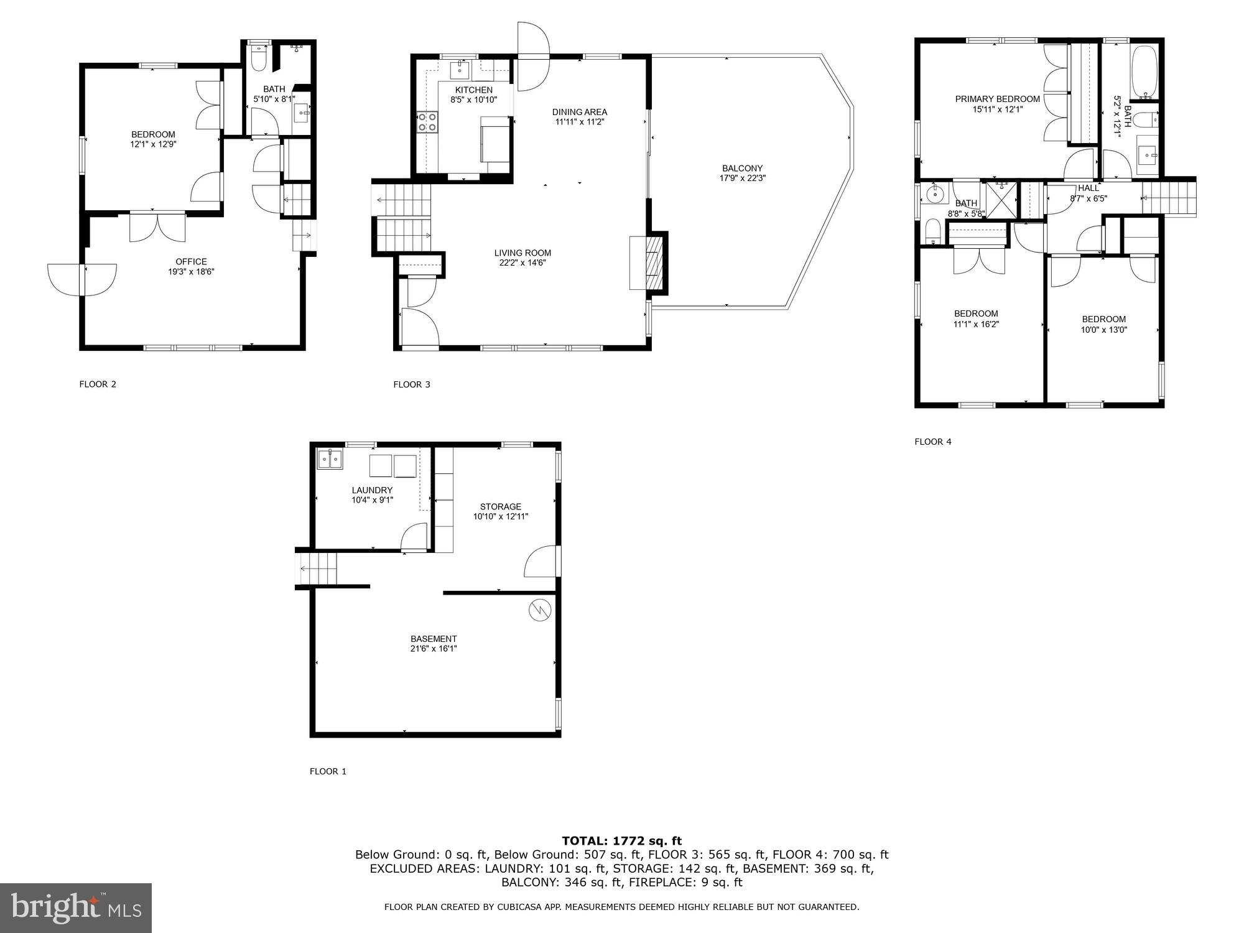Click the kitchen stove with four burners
click(427, 122)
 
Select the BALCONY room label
click(742, 169)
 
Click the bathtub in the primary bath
click(1144, 72)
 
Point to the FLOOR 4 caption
click(932, 442)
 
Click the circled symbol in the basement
click(539, 610)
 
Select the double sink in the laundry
click(330, 460)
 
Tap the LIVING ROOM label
click(522, 253)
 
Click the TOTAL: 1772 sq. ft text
click(621, 841)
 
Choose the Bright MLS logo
click(76, 908)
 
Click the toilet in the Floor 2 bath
click(258, 58)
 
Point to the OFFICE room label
click(191, 262)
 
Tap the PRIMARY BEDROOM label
click(997, 100)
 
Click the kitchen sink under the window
click(460, 70)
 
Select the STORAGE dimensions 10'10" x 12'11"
click(500, 517)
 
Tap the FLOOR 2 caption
click(98, 384)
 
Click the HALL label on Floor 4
click(1088, 188)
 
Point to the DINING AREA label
click(579, 113)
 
